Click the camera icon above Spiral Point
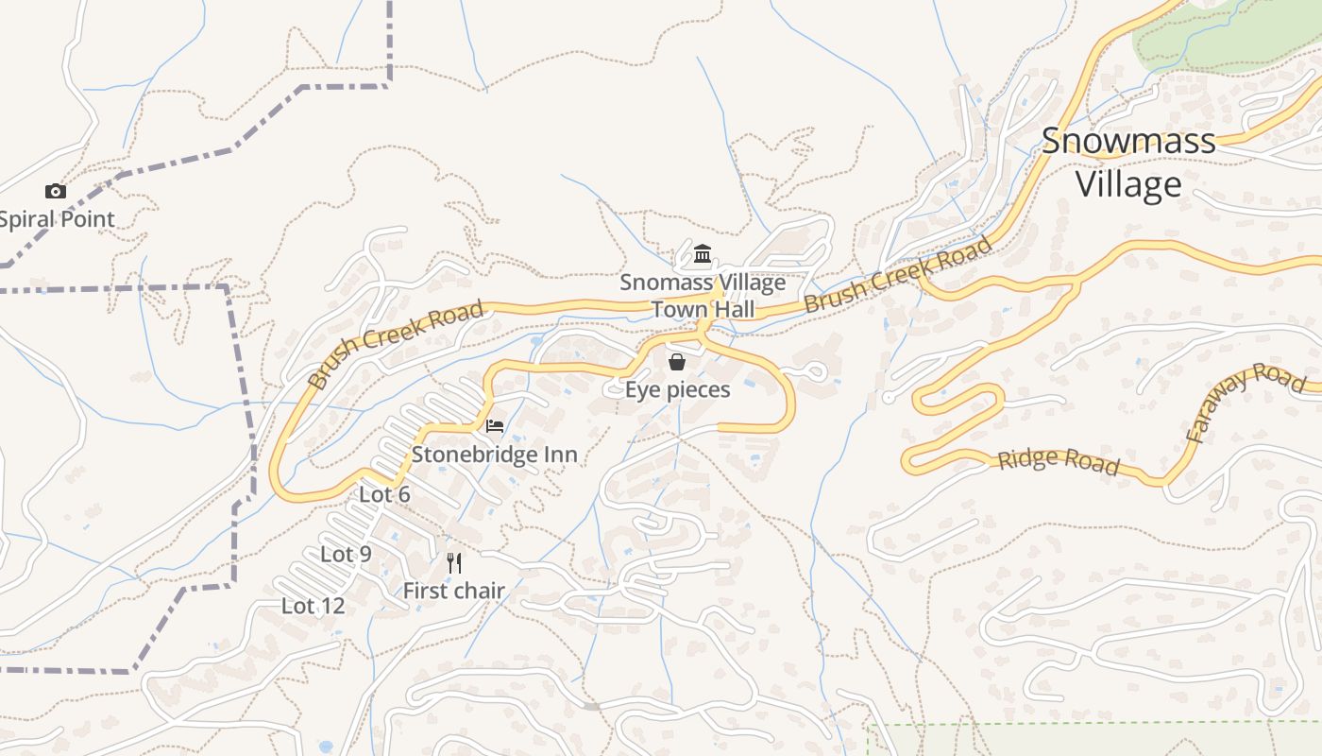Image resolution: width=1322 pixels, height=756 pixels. [56, 192]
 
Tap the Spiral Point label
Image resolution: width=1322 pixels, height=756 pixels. [57, 219]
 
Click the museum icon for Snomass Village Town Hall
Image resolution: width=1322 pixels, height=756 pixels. [703, 254]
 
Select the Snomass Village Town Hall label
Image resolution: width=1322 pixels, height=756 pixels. [703, 296]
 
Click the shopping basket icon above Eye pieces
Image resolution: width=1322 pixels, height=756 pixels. [677, 362]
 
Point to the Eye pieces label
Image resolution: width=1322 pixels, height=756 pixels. [678, 389]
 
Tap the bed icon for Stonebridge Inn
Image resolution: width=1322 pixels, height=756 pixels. [494, 426]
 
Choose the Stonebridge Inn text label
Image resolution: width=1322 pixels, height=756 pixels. [494, 455]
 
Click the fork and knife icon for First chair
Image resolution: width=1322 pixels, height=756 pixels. [454, 563]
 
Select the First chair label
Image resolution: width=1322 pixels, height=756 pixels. [454, 592]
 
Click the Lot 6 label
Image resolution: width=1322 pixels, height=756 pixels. [384, 494]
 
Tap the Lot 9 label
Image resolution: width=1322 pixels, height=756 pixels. [346, 555]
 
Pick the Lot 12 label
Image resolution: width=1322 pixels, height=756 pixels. [313, 606]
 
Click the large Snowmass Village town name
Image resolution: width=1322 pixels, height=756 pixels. [1128, 163]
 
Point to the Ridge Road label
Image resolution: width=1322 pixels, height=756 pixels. [1059, 461]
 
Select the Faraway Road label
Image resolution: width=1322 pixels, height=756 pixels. [1246, 401]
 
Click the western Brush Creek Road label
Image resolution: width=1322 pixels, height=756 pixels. [397, 344]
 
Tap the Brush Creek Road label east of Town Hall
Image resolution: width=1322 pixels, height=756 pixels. [898, 274]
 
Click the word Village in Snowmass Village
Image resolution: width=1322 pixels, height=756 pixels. [1128, 184]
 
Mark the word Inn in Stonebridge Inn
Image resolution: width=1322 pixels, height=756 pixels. [558, 455]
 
